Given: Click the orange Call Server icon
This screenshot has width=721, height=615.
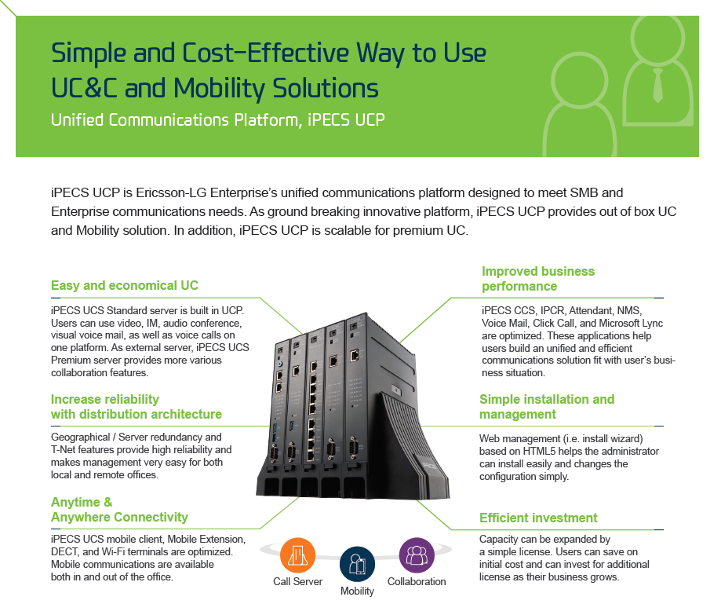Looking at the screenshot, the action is click(297, 555).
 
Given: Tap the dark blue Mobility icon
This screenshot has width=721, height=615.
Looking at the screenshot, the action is click(357, 564).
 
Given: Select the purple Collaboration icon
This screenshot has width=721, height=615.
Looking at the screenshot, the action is click(417, 555).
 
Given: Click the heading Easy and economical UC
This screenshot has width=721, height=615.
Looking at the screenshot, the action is click(125, 285).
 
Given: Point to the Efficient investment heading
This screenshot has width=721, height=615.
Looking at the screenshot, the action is click(538, 518).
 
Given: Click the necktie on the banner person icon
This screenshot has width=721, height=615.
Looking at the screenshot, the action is click(658, 86).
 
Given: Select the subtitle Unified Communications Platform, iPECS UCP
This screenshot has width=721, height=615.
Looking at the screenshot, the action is click(217, 119).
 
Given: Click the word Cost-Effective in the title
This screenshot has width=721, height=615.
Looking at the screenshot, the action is click(265, 53).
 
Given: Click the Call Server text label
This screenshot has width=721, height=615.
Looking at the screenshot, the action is click(297, 581).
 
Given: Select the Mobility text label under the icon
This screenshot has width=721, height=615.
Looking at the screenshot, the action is click(357, 591).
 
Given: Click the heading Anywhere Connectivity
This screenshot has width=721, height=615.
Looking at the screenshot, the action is click(119, 518).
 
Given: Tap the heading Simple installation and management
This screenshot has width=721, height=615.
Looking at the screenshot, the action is click(547, 407).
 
